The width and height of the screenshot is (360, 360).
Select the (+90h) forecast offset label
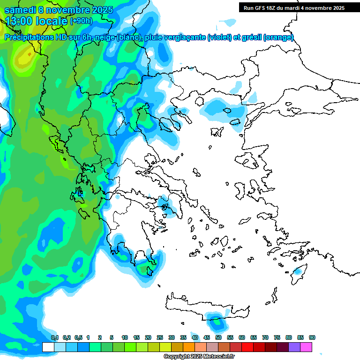point(81,21)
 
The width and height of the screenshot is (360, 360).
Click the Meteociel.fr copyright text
point(199,356)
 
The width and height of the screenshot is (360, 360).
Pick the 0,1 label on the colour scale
point(55,337)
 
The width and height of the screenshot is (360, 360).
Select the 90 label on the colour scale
point(312,337)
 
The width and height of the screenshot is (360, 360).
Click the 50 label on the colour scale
point(218,337)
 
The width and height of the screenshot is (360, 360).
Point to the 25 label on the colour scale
point(160,337)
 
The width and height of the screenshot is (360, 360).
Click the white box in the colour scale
point(48,347)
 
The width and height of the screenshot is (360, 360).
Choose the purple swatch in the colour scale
point(294,347)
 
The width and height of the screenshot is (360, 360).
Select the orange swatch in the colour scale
point(189,347)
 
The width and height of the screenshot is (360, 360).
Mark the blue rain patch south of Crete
point(216,322)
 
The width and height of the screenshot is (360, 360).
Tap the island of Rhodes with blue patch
point(297,272)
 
